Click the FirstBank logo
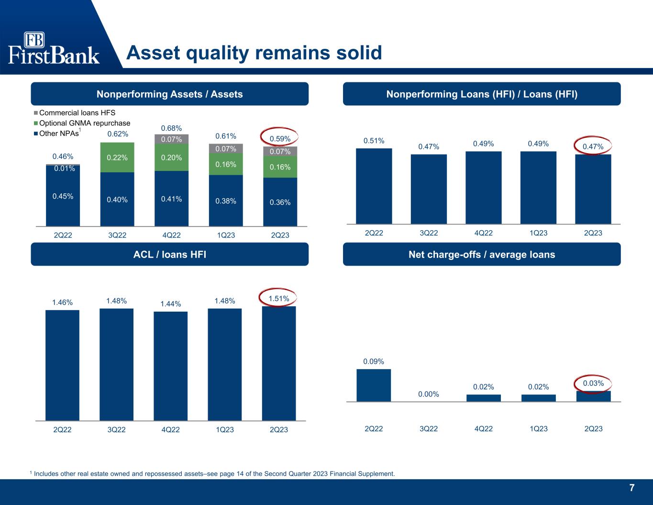[x=54, y=48]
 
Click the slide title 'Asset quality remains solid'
[x=254, y=53]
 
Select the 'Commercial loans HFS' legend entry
[x=75, y=112]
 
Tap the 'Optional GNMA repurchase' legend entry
[x=82, y=123]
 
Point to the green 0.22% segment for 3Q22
[x=117, y=157]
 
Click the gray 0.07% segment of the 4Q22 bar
[x=171, y=139]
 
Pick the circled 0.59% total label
[x=280, y=138]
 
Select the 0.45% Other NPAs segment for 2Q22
[x=63, y=196]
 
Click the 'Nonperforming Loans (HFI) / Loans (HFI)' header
[x=482, y=94]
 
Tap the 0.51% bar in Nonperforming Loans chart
[x=374, y=186]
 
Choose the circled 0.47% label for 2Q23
[x=593, y=146]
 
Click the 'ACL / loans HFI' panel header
[x=170, y=254]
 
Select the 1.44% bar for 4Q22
[x=171, y=366]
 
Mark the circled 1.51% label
[x=278, y=299]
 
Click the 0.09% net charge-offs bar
[x=374, y=385]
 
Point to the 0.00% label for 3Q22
[x=429, y=394]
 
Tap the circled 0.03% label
[x=594, y=383]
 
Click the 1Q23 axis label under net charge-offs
[x=539, y=428]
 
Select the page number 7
[x=632, y=488]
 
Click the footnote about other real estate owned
[x=212, y=474]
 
